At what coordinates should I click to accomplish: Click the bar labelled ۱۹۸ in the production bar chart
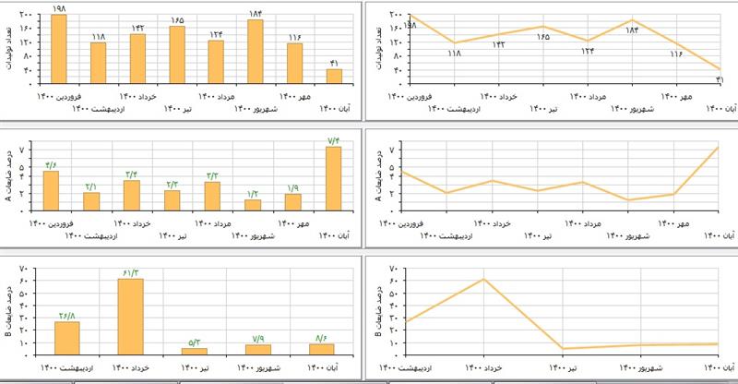pos(58,48)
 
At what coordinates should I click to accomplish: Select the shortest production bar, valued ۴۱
pos(334,75)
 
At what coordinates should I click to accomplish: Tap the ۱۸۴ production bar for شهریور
pos(256,51)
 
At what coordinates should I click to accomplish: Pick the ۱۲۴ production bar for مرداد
pos(216,61)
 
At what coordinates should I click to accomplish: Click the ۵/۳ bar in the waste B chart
pos(194,350)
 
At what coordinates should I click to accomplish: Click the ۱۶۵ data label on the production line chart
pos(542,37)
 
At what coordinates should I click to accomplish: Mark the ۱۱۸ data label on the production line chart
pos(454,53)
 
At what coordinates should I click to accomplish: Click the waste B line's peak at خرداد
pos(484,278)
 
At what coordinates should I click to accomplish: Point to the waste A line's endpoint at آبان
pos(718,147)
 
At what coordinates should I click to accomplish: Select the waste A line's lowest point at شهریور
pos(629,200)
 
